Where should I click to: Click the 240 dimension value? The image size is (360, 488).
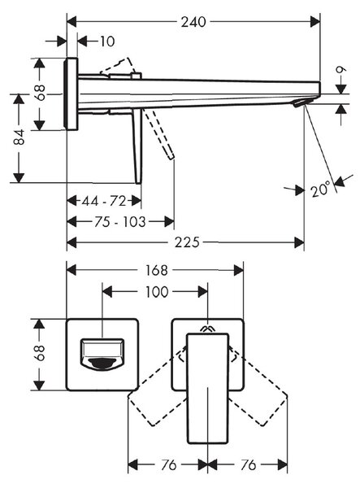click(193, 22)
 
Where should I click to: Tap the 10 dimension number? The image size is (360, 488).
click(107, 41)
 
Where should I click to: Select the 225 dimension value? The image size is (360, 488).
click(187, 242)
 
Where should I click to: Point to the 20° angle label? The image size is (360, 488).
click(320, 189)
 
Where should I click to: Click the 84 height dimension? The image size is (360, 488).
click(19, 137)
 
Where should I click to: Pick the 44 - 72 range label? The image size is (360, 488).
click(104, 201)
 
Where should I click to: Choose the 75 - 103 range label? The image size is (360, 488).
click(120, 222)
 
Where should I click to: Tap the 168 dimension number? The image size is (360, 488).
click(156, 270)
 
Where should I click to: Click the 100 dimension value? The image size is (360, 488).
click(157, 292)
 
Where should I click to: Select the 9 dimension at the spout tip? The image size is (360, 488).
click(341, 70)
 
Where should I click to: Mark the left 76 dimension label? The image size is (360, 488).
click(168, 465)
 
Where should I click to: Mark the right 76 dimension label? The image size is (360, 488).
click(248, 465)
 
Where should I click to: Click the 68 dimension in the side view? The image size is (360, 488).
click(40, 93)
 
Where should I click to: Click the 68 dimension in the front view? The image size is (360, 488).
click(40, 353)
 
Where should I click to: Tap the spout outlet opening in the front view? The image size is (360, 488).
click(102, 364)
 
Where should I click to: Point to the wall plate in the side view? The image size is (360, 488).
click(71, 94)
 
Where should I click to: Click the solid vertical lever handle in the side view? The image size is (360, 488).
click(137, 146)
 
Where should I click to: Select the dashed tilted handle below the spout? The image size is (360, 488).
click(158, 134)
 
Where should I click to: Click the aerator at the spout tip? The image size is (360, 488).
click(301, 103)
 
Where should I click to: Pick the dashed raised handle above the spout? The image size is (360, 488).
click(118, 67)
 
